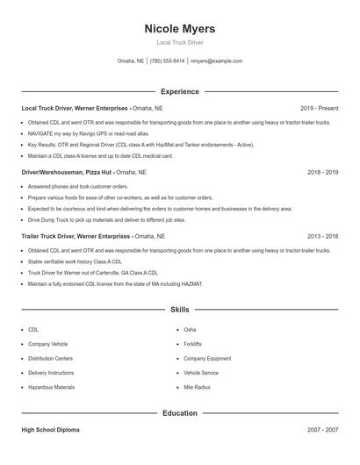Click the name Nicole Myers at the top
tap(179, 29)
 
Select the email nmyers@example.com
tap(216, 61)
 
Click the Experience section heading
tap(179, 91)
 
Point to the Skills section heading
tap(179, 310)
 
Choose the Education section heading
tap(179, 412)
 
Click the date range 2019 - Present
tap(319, 108)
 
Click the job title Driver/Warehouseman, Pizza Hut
tap(67, 173)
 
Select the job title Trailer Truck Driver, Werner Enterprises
tap(76, 236)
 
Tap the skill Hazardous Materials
tap(51, 387)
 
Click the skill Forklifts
tap(192, 344)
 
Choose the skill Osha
tap(190, 330)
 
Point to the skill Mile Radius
tap(196, 387)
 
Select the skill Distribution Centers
tap(50, 358)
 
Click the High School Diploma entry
tap(53, 430)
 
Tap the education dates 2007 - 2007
tap(323, 430)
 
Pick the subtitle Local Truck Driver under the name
tap(179, 42)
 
